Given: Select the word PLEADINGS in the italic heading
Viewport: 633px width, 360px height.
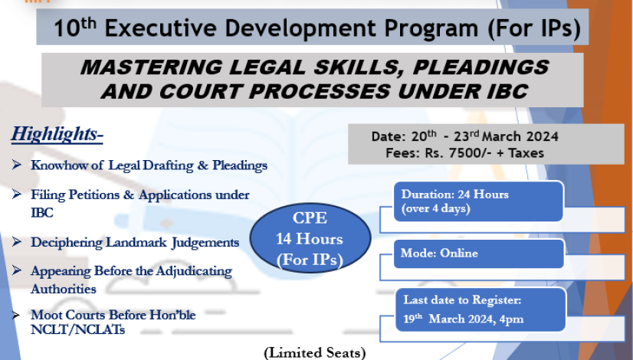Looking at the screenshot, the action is pyautogui.click(x=480, y=67).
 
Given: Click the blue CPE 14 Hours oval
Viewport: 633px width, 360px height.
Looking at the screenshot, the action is pyautogui.click(x=310, y=237).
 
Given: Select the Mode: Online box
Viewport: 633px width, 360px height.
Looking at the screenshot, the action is pyautogui.click(x=479, y=254).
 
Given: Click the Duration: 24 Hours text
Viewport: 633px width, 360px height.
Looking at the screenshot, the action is pyautogui.click(x=454, y=195).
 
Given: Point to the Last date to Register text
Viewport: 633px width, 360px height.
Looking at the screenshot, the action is pyautogui.click(x=462, y=299).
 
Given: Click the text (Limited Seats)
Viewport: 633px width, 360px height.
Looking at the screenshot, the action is pyautogui.click(x=315, y=353).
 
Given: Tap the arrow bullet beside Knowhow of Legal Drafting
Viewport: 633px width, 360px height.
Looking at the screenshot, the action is pyautogui.click(x=17, y=164).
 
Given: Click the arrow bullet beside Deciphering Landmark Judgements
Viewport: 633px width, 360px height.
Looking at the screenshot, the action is pyautogui.click(x=17, y=241).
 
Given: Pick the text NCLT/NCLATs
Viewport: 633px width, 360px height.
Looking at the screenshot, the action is pyautogui.click(x=78, y=329).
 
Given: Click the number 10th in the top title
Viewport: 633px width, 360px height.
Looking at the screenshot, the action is pyautogui.click(x=75, y=28).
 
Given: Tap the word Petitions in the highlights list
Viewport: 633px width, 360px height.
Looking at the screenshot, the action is pyautogui.click(x=94, y=195).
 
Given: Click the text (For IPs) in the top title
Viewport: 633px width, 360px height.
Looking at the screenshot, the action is pyautogui.click(x=534, y=28).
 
